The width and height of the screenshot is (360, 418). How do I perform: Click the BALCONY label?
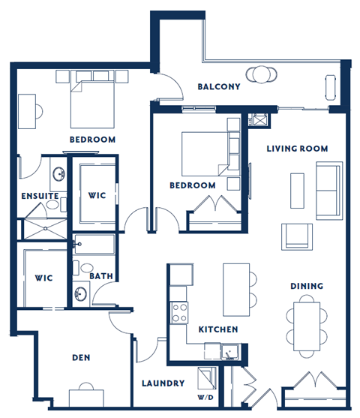pos(218,86)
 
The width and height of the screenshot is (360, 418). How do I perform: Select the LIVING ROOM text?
pos(297,149)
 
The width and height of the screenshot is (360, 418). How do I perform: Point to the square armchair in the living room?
pos(295,236)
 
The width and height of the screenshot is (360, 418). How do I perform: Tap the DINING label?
pos(307,286)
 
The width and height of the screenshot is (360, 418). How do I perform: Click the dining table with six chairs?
pos(307,320)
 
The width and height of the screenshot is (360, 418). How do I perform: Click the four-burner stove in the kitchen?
pos(180,311)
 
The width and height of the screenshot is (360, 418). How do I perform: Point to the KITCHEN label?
pos(218,329)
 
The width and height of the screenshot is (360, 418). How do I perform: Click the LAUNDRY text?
pos(163,383)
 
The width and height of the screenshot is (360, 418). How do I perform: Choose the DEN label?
pos(81,358)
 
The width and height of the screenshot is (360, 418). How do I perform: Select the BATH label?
pos(101,276)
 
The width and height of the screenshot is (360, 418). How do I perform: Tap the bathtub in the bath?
pos(94,245)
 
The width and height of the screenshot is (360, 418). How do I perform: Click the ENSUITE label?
pos(40,196)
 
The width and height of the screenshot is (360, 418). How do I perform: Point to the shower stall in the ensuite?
pos(45,228)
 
